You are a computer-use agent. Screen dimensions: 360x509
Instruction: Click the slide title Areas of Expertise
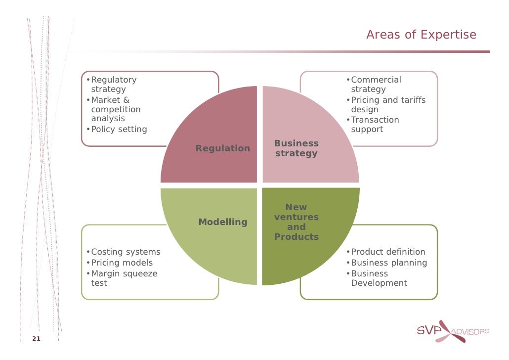pos(421,35)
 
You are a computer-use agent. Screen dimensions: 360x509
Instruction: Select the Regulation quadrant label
pos(223,148)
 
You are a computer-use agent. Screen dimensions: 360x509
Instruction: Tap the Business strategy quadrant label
pos(297,148)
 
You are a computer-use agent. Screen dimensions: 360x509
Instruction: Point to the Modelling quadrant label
pos(223,222)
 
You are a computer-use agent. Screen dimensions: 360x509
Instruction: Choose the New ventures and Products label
pos(297,222)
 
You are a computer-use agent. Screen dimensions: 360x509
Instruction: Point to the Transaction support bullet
pos(375,125)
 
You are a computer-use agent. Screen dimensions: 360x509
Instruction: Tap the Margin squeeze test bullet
pos(124,278)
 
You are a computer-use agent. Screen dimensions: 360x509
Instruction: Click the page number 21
pos(36,339)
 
